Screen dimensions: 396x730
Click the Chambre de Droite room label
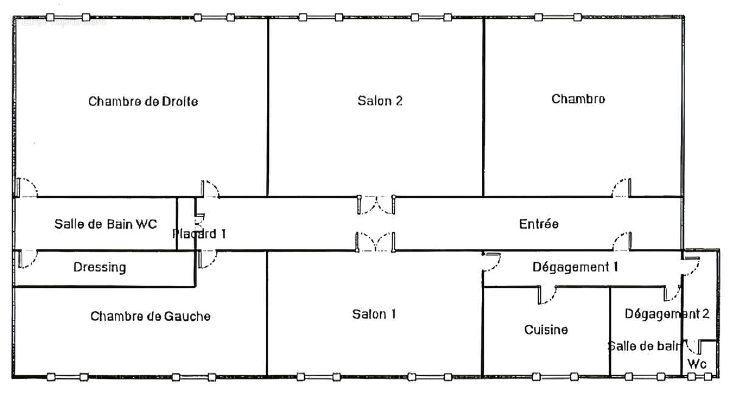click(143, 101)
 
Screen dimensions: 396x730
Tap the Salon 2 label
click(380, 101)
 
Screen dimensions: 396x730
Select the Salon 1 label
click(374, 314)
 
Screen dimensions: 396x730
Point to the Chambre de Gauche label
click(150, 316)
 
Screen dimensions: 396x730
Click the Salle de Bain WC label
click(105, 224)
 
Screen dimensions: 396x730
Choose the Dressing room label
click(100, 267)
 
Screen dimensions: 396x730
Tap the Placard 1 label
click(200, 234)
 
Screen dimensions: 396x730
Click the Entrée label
click(538, 224)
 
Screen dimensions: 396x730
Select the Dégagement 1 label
click(575, 266)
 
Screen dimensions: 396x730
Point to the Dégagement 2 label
click(667, 314)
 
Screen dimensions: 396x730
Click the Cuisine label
click(546, 330)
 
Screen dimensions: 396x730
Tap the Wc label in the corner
click(697, 364)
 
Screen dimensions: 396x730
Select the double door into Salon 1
click(377, 241)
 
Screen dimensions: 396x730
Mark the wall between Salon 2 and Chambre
click(484, 106)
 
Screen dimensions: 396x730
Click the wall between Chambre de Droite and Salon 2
click(268, 106)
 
